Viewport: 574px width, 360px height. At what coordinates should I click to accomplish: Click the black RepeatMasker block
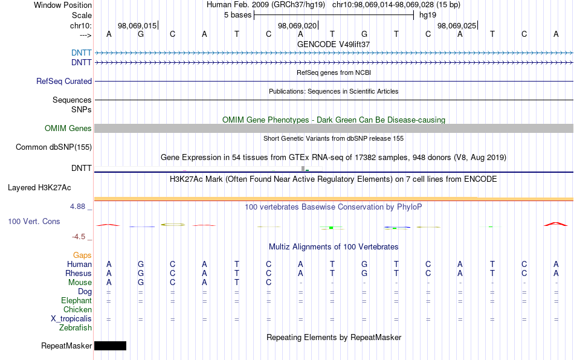(110, 346)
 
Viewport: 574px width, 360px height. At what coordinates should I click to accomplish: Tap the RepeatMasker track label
(66, 346)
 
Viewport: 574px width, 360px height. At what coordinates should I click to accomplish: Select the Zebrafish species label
(76, 327)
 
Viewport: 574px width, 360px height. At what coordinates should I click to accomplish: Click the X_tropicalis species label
(71, 319)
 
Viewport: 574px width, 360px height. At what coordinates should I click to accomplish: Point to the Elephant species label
(76, 300)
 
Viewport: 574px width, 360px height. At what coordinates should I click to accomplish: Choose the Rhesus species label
(79, 273)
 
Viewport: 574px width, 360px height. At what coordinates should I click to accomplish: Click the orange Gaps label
(82, 255)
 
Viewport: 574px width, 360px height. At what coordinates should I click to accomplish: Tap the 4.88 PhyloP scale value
(77, 207)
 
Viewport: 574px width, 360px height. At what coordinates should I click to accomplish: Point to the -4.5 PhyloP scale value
(79, 237)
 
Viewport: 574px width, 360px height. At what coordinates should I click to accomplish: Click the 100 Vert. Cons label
(34, 221)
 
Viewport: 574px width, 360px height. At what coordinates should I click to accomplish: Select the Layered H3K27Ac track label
(39, 188)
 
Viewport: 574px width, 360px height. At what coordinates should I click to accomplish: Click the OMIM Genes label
(68, 129)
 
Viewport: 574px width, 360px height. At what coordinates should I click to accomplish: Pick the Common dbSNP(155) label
(54, 147)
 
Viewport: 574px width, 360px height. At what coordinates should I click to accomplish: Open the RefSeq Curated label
(64, 81)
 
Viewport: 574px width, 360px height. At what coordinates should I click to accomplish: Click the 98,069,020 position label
(297, 25)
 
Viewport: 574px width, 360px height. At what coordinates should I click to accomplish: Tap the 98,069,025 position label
(457, 25)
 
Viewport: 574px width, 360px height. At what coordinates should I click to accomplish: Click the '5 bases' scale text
(238, 15)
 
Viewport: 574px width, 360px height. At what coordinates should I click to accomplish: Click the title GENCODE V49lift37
(334, 44)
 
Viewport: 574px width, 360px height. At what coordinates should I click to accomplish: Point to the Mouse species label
(80, 283)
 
